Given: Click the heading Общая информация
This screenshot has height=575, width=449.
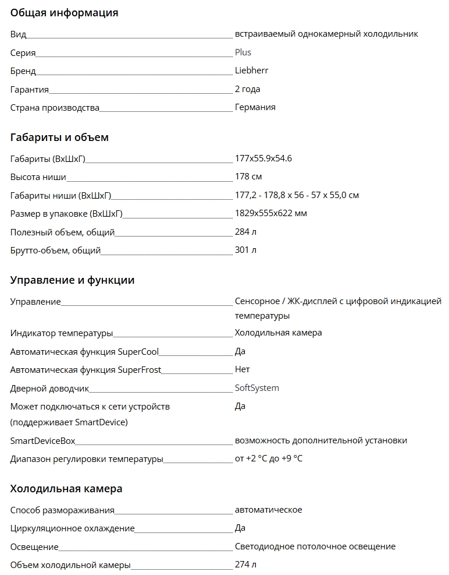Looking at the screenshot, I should (64, 13).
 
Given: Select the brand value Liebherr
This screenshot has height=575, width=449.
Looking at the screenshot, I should (251, 70).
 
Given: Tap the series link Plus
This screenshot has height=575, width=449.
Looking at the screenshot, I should (243, 52).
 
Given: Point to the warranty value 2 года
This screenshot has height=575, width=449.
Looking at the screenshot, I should (247, 89).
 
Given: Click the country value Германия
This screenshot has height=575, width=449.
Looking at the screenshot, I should (255, 107).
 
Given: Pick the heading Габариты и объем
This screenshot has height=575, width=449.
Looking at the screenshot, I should (59, 138).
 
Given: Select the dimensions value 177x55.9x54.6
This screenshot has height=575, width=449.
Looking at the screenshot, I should (263, 158).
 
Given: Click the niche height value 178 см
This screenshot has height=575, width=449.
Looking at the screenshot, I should (248, 177).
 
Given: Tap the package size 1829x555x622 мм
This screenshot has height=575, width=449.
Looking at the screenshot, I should (270, 213).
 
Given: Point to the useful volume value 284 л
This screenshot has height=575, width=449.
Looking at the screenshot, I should (245, 232).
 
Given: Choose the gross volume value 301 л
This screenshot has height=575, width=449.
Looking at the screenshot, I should (245, 250).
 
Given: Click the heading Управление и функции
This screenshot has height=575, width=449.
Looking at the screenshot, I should (72, 280).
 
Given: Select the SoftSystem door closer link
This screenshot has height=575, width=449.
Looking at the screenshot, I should (256, 388).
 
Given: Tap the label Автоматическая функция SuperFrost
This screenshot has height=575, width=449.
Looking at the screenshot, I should (85, 370).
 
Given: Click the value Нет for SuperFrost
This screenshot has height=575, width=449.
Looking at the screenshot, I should (242, 369).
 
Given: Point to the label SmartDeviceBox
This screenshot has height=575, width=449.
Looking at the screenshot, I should (43, 441).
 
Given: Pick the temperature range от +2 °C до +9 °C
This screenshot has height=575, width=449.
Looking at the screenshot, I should (268, 458).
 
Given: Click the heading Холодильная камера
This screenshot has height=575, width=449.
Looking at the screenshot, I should (66, 489).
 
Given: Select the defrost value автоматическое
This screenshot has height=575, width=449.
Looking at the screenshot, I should (268, 510).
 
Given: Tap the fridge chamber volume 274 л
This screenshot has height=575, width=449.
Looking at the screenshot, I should (245, 565).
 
